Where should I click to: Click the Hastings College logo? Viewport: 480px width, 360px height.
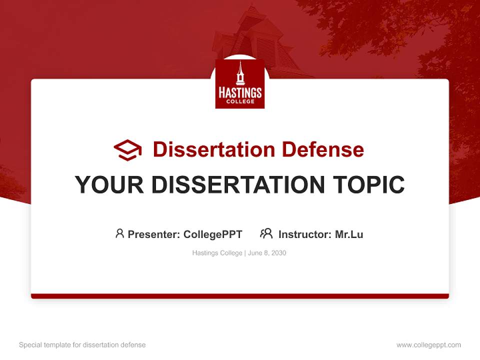pyautogui.click(x=239, y=83)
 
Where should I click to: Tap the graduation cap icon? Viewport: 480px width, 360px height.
pyautogui.click(x=127, y=150)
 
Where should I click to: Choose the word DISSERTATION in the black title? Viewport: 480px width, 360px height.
pyautogui.click(x=238, y=185)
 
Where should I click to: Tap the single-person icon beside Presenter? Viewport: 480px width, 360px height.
pyautogui.click(x=119, y=233)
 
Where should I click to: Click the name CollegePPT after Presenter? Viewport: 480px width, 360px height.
pyautogui.click(x=213, y=234)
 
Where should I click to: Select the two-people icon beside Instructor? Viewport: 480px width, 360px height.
pyautogui.click(x=266, y=233)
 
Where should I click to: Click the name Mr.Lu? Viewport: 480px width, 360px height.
pyautogui.click(x=349, y=234)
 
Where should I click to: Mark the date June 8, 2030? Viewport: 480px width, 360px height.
pyautogui.click(x=267, y=253)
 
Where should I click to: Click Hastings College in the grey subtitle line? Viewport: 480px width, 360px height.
pyautogui.click(x=217, y=253)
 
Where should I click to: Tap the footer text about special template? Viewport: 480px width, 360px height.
pyautogui.click(x=82, y=345)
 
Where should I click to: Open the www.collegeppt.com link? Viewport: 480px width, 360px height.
pyautogui.click(x=428, y=345)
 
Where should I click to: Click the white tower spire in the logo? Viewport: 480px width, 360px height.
pyautogui.click(x=240, y=72)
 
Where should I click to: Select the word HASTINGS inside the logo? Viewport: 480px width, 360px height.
pyautogui.click(x=240, y=93)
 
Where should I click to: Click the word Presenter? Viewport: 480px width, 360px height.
pyautogui.click(x=153, y=234)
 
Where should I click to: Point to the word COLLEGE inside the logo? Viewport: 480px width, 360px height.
pyautogui.click(x=240, y=101)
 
